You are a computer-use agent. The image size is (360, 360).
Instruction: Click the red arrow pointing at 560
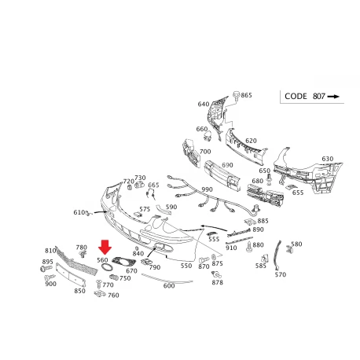point(105,247)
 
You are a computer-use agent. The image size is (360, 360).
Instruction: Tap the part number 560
point(102,260)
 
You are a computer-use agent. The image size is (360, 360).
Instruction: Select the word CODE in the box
point(296,97)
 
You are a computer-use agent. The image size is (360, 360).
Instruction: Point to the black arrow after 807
point(333,97)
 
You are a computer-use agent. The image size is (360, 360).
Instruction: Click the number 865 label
point(246,95)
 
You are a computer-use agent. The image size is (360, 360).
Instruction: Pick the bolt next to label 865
point(237,95)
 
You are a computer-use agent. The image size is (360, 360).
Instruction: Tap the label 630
point(328,159)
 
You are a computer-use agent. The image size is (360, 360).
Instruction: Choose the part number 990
point(207,189)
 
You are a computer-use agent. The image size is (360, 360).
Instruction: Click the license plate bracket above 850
point(71,274)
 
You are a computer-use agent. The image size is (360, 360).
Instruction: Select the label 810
point(50,251)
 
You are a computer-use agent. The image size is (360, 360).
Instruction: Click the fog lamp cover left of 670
point(123,261)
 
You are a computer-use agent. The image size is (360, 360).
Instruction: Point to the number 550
point(186,266)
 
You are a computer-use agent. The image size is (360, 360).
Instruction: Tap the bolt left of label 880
point(249,247)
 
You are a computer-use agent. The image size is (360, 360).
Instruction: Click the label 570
point(281,274)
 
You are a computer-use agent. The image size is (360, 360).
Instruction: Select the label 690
point(227,165)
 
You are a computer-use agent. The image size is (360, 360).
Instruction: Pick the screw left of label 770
point(99,284)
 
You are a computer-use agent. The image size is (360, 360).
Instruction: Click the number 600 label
point(169,285)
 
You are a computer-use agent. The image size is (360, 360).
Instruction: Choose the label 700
point(205,152)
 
